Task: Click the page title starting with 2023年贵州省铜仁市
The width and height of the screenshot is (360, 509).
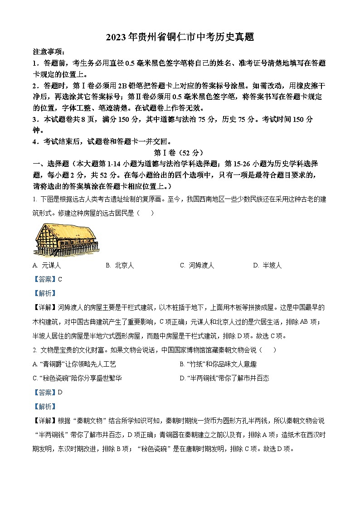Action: pyautogui.click(x=180, y=38)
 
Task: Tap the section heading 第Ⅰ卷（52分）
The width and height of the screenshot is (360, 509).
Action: pyautogui.click(x=180, y=153)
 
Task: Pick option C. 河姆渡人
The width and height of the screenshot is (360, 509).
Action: pyautogui.click(x=197, y=266)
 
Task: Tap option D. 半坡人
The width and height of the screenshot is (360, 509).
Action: pyautogui.click(x=268, y=266)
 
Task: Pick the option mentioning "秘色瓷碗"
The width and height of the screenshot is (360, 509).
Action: pyautogui.click(x=78, y=378)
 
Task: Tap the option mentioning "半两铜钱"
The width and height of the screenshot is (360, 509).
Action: pyautogui.click(x=224, y=378)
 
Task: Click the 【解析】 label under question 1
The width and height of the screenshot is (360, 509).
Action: pyautogui.click(x=45, y=293)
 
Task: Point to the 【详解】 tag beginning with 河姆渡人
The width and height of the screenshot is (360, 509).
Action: pyautogui.click(x=45, y=307)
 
